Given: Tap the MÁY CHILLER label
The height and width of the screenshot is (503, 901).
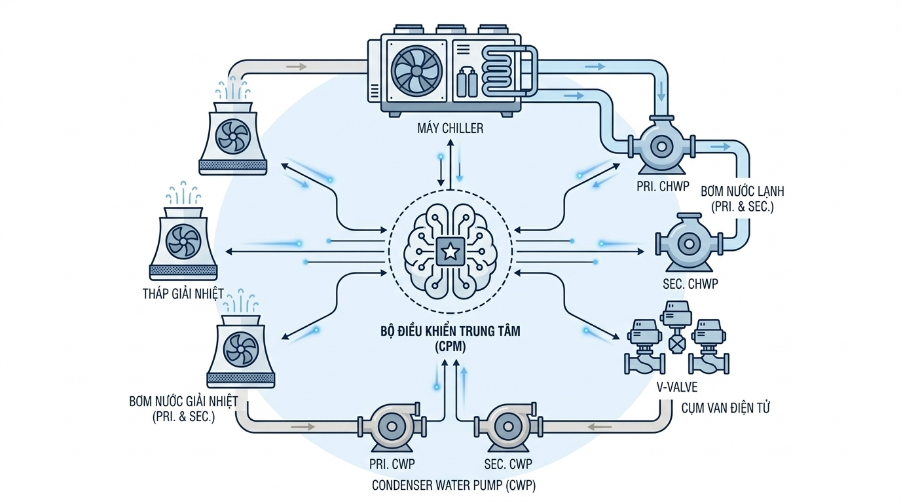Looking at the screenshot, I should [450, 128].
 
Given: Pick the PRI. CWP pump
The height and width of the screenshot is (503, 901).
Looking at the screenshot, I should [392, 426].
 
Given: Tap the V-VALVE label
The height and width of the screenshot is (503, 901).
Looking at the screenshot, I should [677, 388].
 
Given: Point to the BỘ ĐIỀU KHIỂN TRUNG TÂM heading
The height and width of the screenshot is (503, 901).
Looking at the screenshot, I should [450, 332].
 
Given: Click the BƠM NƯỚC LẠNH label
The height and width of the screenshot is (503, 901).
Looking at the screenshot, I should [742, 192].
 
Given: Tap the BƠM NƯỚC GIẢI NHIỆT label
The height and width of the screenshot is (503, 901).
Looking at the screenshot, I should [183, 401].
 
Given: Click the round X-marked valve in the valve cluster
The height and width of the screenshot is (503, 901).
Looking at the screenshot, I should [677, 344].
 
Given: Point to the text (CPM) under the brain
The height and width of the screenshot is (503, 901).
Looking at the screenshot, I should [450, 347].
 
